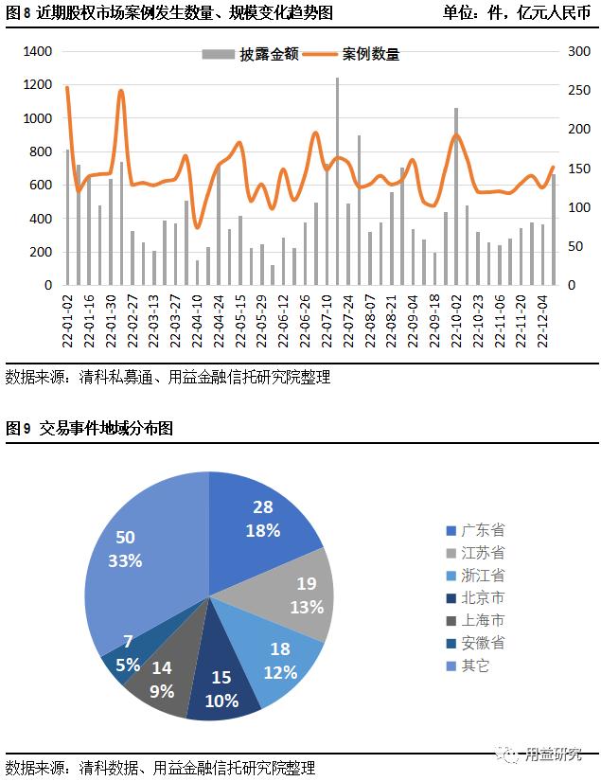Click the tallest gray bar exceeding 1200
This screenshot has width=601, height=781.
[337, 180]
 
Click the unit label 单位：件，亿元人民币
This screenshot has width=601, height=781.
[516, 14]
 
